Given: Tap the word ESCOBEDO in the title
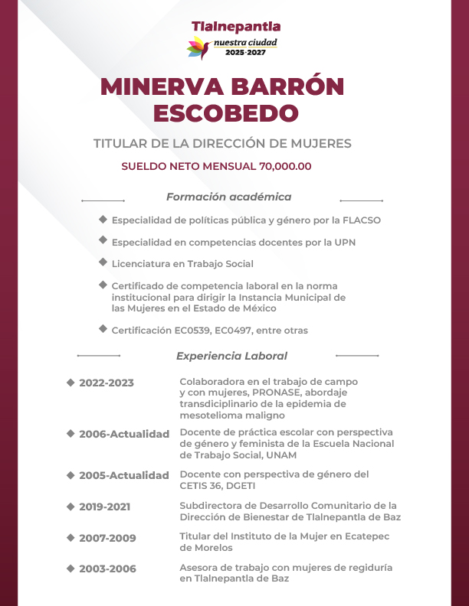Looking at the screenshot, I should tap(225, 112).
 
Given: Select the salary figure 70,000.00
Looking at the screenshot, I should tap(285, 166).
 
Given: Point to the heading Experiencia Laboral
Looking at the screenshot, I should tap(231, 356).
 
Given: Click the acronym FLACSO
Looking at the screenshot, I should tap(359, 220).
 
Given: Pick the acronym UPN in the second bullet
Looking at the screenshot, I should tap(345, 243).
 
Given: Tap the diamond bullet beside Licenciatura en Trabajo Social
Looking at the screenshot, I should tap(103, 262).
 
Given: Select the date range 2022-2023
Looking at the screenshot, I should tap(106, 383).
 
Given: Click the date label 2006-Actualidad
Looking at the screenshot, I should tap(123, 434).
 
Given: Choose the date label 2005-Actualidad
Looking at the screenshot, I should tap(123, 475).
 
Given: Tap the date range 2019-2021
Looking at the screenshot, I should tap(107, 507).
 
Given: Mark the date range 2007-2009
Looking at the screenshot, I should tap(107, 538).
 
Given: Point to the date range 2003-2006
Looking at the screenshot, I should tap(107, 569).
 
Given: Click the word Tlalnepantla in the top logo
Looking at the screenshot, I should tap(235, 27).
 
